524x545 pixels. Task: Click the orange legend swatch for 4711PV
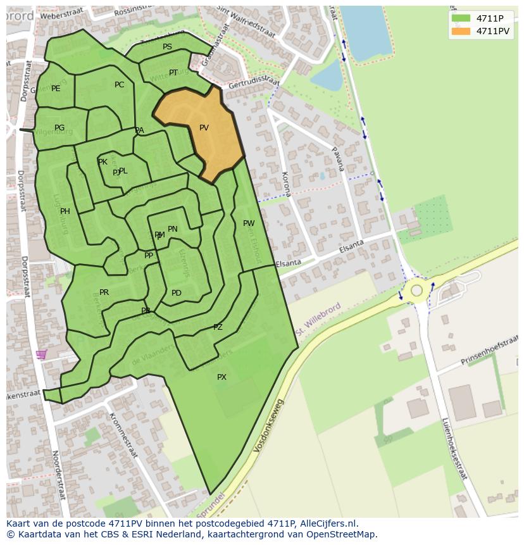[461, 31]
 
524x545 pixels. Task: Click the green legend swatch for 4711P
[461, 18]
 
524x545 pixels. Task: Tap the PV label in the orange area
[204, 128]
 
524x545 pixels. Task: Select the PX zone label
[221, 377]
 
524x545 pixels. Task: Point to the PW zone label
[249, 223]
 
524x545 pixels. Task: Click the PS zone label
[167, 47]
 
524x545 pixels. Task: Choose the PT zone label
[173, 73]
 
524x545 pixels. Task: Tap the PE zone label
[56, 89]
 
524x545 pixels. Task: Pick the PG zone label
[59, 128]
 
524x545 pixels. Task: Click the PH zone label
[65, 211]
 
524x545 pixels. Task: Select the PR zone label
[104, 292]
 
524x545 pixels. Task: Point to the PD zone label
[177, 293]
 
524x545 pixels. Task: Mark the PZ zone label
[218, 327]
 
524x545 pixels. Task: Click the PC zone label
[119, 85]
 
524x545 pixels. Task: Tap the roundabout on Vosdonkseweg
[416, 291]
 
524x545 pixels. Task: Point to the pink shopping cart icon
[41, 354]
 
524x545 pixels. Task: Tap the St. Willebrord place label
[318, 320]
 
